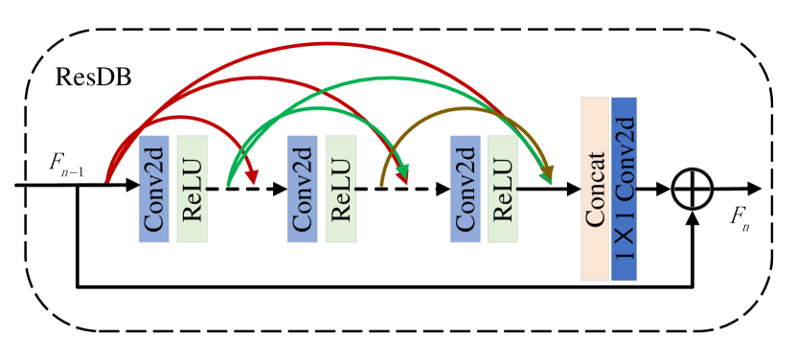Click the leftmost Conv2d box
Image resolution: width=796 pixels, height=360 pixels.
pos(154,189)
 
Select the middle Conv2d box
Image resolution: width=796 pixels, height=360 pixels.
pos(302,189)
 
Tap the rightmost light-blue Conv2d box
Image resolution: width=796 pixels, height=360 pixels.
pos(466,189)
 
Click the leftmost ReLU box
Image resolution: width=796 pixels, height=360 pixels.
pos(192,189)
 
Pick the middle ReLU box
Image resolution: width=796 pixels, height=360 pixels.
pos(340,189)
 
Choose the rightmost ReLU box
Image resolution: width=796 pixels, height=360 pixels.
pos(503,189)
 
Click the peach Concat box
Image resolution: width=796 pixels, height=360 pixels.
pos(595,189)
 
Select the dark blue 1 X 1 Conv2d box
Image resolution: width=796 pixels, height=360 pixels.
pos(624,189)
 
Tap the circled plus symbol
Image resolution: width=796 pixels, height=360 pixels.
pos(693,189)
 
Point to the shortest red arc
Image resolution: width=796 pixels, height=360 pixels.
pos(182,118)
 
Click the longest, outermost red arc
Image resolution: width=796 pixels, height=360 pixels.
pos(330,44)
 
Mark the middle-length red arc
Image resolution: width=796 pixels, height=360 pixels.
pos(259,79)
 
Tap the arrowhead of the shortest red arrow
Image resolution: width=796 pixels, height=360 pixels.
pos(253,178)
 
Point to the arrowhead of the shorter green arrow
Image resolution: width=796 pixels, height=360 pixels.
pos(403,173)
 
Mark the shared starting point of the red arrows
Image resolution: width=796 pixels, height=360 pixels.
pos(107,179)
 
